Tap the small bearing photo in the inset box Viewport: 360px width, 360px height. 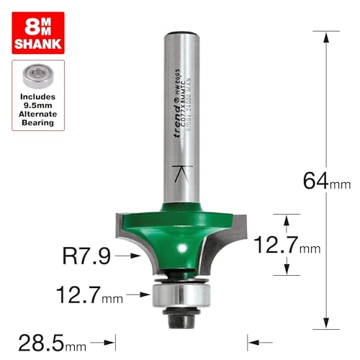pos(38,76)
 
